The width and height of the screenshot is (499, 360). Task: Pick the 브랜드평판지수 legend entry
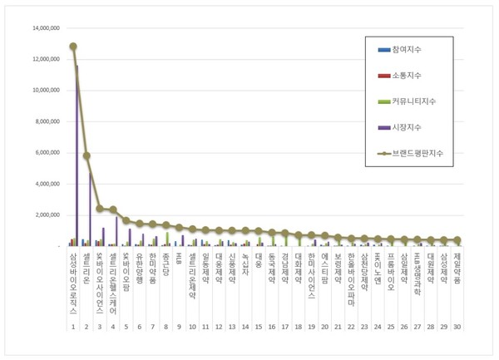pos(418,153)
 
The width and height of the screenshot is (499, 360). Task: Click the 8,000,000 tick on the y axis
pos(45,121)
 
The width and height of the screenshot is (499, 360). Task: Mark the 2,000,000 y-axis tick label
pos(45,215)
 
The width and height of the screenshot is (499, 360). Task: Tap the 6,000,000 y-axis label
pos(45,153)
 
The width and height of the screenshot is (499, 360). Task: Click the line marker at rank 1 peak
pos(73,47)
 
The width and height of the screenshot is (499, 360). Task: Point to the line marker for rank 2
pos(86,155)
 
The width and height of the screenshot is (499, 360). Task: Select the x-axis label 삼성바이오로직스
pos(73,283)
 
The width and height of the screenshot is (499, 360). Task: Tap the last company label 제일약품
pos(457,268)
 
